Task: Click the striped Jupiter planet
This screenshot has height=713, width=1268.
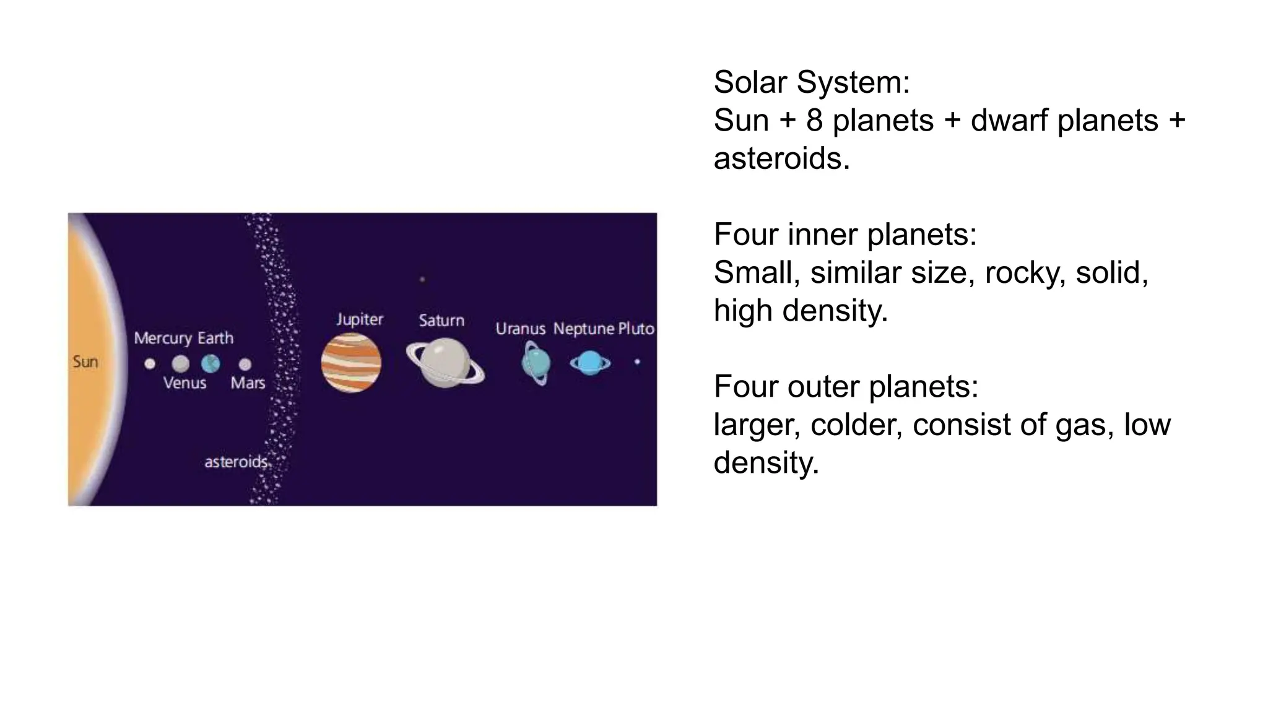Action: click(x=351, y=363)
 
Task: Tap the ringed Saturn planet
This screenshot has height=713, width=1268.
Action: click(x=445, y=363)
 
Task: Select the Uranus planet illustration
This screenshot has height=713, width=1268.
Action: click(x=536, y=363)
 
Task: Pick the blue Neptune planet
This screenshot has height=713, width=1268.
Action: click(x=590, y=363)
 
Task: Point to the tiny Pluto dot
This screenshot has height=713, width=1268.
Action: click(x=637, y=361)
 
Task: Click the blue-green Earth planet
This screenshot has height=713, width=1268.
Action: click(x=211, y=363)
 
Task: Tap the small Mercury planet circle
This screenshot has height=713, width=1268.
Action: click(x=150, y=364)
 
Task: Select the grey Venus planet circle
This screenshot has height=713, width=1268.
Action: click(x=180, y=363)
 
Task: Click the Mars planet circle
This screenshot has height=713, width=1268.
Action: click(x=245, y=364)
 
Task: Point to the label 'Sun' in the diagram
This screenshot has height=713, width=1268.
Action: click(x=85, y=361)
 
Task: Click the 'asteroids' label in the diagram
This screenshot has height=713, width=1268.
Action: click(x=236, y=462)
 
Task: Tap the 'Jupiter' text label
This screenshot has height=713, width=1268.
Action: click(x=360, y=319)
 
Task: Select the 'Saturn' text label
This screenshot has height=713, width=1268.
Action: click(x=441, y=320)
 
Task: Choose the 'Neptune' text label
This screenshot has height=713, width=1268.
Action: click(x=584, y=329)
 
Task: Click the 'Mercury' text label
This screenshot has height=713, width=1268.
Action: click(x=163, y=338)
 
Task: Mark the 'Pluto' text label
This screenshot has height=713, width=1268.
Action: click(x=636, y=329)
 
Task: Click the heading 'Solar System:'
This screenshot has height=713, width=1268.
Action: click(x=812, y=82)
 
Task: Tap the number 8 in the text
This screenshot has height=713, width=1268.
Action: click(x=814, y=120)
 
